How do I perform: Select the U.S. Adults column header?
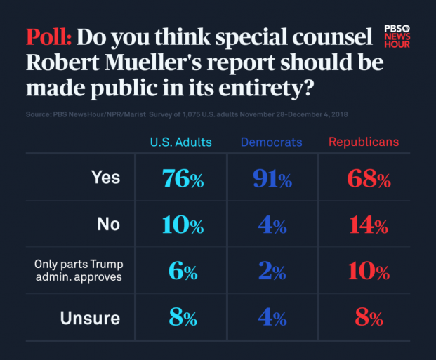click(180, 142)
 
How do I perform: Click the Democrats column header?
click(271, 142)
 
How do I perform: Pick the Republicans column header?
click(364, 142)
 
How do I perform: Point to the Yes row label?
click(105, 178)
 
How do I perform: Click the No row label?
click(109, 225)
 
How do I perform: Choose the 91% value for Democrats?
click(272, 179)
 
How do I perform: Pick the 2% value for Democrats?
click(272, 272)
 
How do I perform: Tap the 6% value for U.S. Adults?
click(183, 272)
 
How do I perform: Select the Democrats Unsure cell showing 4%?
click(272, 318)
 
